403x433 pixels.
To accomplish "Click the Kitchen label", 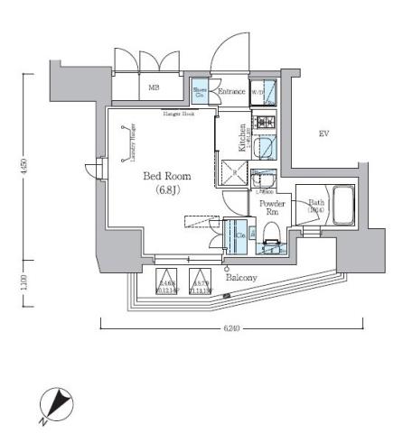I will tap(242, 136).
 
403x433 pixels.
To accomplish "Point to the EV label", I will tap(323, 134).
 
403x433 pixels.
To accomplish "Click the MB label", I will tap(153, 88).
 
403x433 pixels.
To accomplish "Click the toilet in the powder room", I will tap(271, 239).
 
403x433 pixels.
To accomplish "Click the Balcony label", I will tap(241, 278).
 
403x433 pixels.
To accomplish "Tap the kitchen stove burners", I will tap(267, 123).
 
